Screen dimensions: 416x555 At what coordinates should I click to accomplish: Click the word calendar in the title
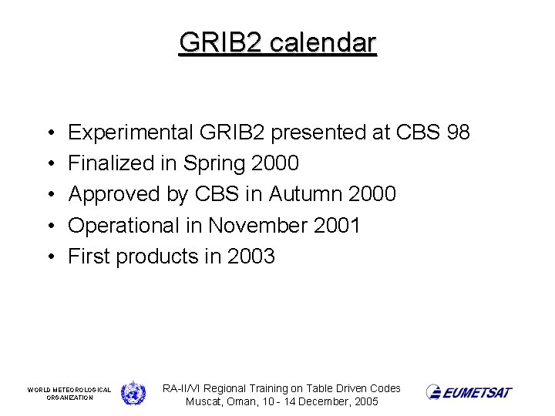[323, 42]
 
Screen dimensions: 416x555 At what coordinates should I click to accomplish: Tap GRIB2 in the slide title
[221, 42]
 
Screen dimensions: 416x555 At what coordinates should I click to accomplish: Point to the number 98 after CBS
[458, 133]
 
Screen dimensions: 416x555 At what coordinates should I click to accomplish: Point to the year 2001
[337, 225]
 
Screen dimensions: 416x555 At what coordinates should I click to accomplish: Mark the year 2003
[251, 256]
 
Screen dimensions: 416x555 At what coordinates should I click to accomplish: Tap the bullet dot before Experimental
[49, 133]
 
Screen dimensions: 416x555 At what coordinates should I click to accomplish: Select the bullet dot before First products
[49, 257]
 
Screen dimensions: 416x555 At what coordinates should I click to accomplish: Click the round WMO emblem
[133, 393]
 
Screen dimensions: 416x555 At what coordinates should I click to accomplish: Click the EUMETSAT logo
[469, 393]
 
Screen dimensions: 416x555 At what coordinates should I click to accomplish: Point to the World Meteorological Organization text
[69, 394]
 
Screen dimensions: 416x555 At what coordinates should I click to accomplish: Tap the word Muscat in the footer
[204, 402]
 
